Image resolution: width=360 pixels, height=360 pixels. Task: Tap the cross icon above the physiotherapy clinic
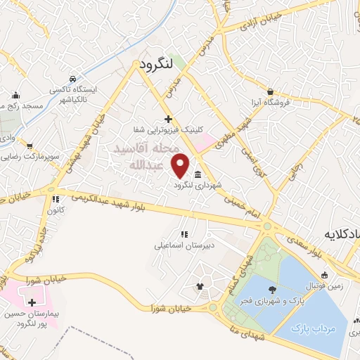167,119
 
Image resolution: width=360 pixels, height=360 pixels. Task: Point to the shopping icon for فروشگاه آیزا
271,91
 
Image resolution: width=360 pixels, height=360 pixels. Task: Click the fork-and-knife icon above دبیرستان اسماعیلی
184,234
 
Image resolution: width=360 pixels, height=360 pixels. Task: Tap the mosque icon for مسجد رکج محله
16,96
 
